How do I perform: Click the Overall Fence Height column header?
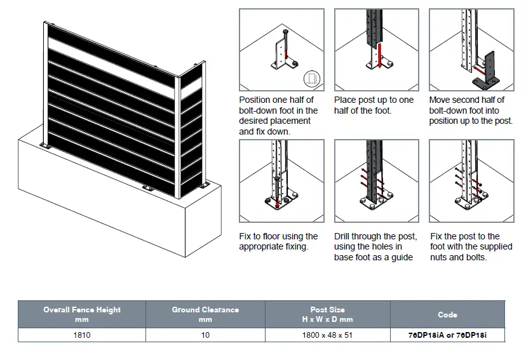pos(82,314)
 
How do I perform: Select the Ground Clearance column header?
pos(205,314)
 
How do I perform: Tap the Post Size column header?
pos(328,314)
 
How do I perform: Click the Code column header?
pos(447,314)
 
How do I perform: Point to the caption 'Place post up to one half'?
pos(374,105)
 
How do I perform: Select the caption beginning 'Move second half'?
pos(471,110)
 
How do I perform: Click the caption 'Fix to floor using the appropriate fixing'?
pos(279,241)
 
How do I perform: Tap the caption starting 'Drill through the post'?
pos(375,246)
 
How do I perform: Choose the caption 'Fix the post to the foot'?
pos(471,246)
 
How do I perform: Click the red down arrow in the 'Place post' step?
pos(379,56)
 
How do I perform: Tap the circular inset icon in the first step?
pos(311,79)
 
